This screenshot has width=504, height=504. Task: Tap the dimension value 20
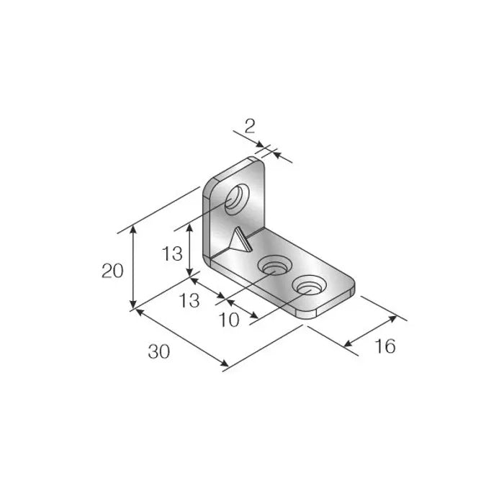coord(113,271)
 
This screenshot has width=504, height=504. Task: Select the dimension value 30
coord(158,352)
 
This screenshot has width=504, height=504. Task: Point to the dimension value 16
coord(385,346)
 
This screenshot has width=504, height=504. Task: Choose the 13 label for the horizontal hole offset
coord(189,300)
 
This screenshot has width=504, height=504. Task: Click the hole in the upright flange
coord(235,198)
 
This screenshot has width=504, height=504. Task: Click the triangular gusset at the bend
coord(236,241)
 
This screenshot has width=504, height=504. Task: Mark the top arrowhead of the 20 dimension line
coord(132,229)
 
